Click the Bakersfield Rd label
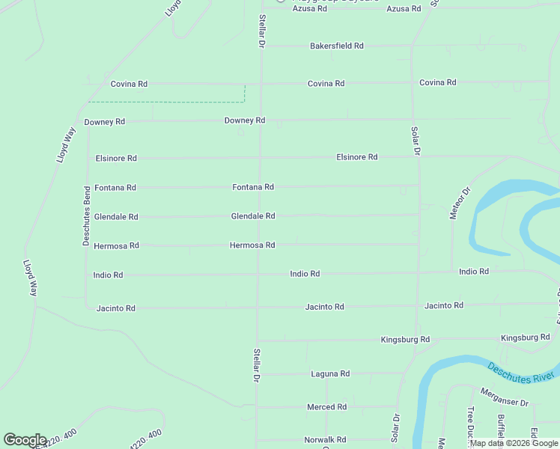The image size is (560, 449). (336, 46)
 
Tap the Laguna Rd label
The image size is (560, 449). (330, 373)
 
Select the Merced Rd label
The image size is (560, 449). (326, 407)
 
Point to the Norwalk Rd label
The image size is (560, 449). (325, 440)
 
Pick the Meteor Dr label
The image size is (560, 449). (459, 202)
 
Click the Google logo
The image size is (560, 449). (25, 440)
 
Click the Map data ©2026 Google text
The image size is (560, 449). (514, 444)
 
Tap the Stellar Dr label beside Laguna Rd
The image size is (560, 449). (256, 365)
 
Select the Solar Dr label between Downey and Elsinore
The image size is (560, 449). (415, 141)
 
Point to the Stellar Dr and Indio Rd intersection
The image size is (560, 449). (259, 275)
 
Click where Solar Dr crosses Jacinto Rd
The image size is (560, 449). (417, 306)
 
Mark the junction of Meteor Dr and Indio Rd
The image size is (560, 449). (452, 272)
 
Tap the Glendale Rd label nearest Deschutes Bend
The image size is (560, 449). (116, 217)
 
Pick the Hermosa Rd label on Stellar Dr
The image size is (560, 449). (252, 245)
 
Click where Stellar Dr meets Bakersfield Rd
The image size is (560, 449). (261, 46)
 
